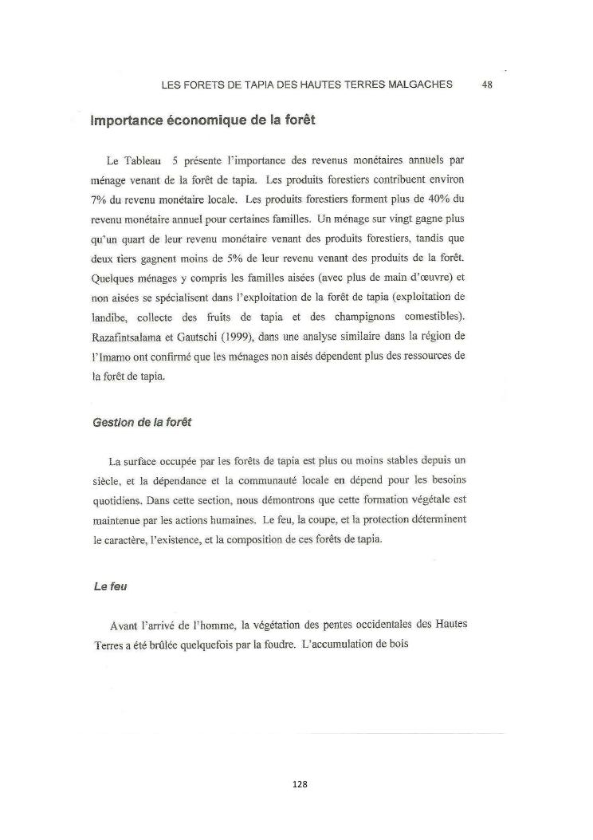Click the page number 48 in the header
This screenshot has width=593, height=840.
487,84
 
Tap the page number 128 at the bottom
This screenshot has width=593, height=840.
300,784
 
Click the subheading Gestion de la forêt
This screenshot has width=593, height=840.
141,423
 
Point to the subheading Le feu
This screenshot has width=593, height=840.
111,586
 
